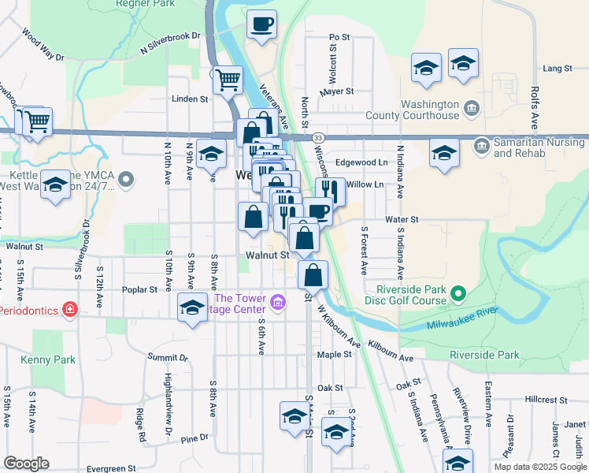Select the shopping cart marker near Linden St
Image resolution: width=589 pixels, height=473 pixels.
(x=227, y=79)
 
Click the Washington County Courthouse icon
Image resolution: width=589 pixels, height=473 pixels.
(x=471, y=107)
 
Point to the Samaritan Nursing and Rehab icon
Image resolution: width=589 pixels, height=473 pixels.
(x=480, y=144)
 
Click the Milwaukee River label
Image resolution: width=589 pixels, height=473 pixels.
(x=462, y=319)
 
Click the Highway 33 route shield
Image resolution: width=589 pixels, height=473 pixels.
(x=316, y=136)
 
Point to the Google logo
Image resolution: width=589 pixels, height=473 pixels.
(x=26, y=463)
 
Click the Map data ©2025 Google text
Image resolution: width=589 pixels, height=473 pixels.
(x=540, y=467)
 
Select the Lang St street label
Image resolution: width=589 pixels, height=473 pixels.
(x=556, y=69)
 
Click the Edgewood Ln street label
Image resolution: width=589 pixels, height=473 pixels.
(x=362, y=162)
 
